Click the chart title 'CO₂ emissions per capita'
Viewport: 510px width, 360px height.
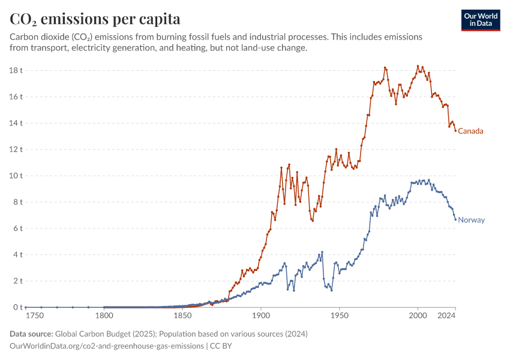point(95,19)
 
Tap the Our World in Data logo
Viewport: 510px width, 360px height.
point(480,20)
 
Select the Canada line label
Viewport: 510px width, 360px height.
point(470,131)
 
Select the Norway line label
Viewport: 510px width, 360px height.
point(471,220)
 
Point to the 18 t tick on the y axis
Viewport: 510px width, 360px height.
point(16,70)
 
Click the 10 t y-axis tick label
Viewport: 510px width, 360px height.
point(16,176)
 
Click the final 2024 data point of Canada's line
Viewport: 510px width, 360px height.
point(455,131)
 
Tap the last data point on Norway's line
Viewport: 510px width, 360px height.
point(455,220)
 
